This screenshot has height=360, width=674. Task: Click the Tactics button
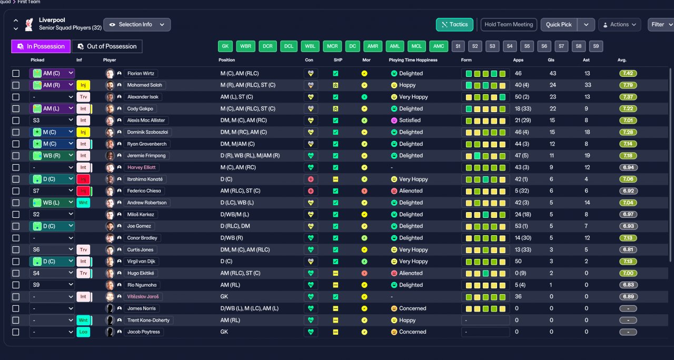point(454,25)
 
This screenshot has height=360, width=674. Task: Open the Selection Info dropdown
point(137,25)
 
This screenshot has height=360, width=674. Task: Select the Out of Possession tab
point(107,46)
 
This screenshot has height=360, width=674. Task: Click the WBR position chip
point(245,46)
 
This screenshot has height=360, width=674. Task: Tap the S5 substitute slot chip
point(527,46)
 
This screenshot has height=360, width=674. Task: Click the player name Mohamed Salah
point(144,85)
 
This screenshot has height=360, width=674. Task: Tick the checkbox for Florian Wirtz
point(16,73)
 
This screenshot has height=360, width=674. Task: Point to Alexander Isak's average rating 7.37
point(628,97)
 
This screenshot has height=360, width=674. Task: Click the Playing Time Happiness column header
point(413,60)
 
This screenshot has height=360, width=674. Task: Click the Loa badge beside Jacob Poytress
point(83,332)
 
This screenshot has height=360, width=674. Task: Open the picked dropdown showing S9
point(52,285)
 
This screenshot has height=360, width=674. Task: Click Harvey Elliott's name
point(142,167)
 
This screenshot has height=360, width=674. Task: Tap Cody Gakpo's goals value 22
point(553,108)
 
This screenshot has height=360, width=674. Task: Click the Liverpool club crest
point(29,24)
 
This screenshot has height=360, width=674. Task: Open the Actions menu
point(620,25)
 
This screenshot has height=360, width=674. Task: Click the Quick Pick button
point(559,25)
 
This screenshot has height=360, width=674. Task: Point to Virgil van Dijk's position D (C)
point(226,262)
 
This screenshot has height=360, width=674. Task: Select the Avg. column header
point(622,60)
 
